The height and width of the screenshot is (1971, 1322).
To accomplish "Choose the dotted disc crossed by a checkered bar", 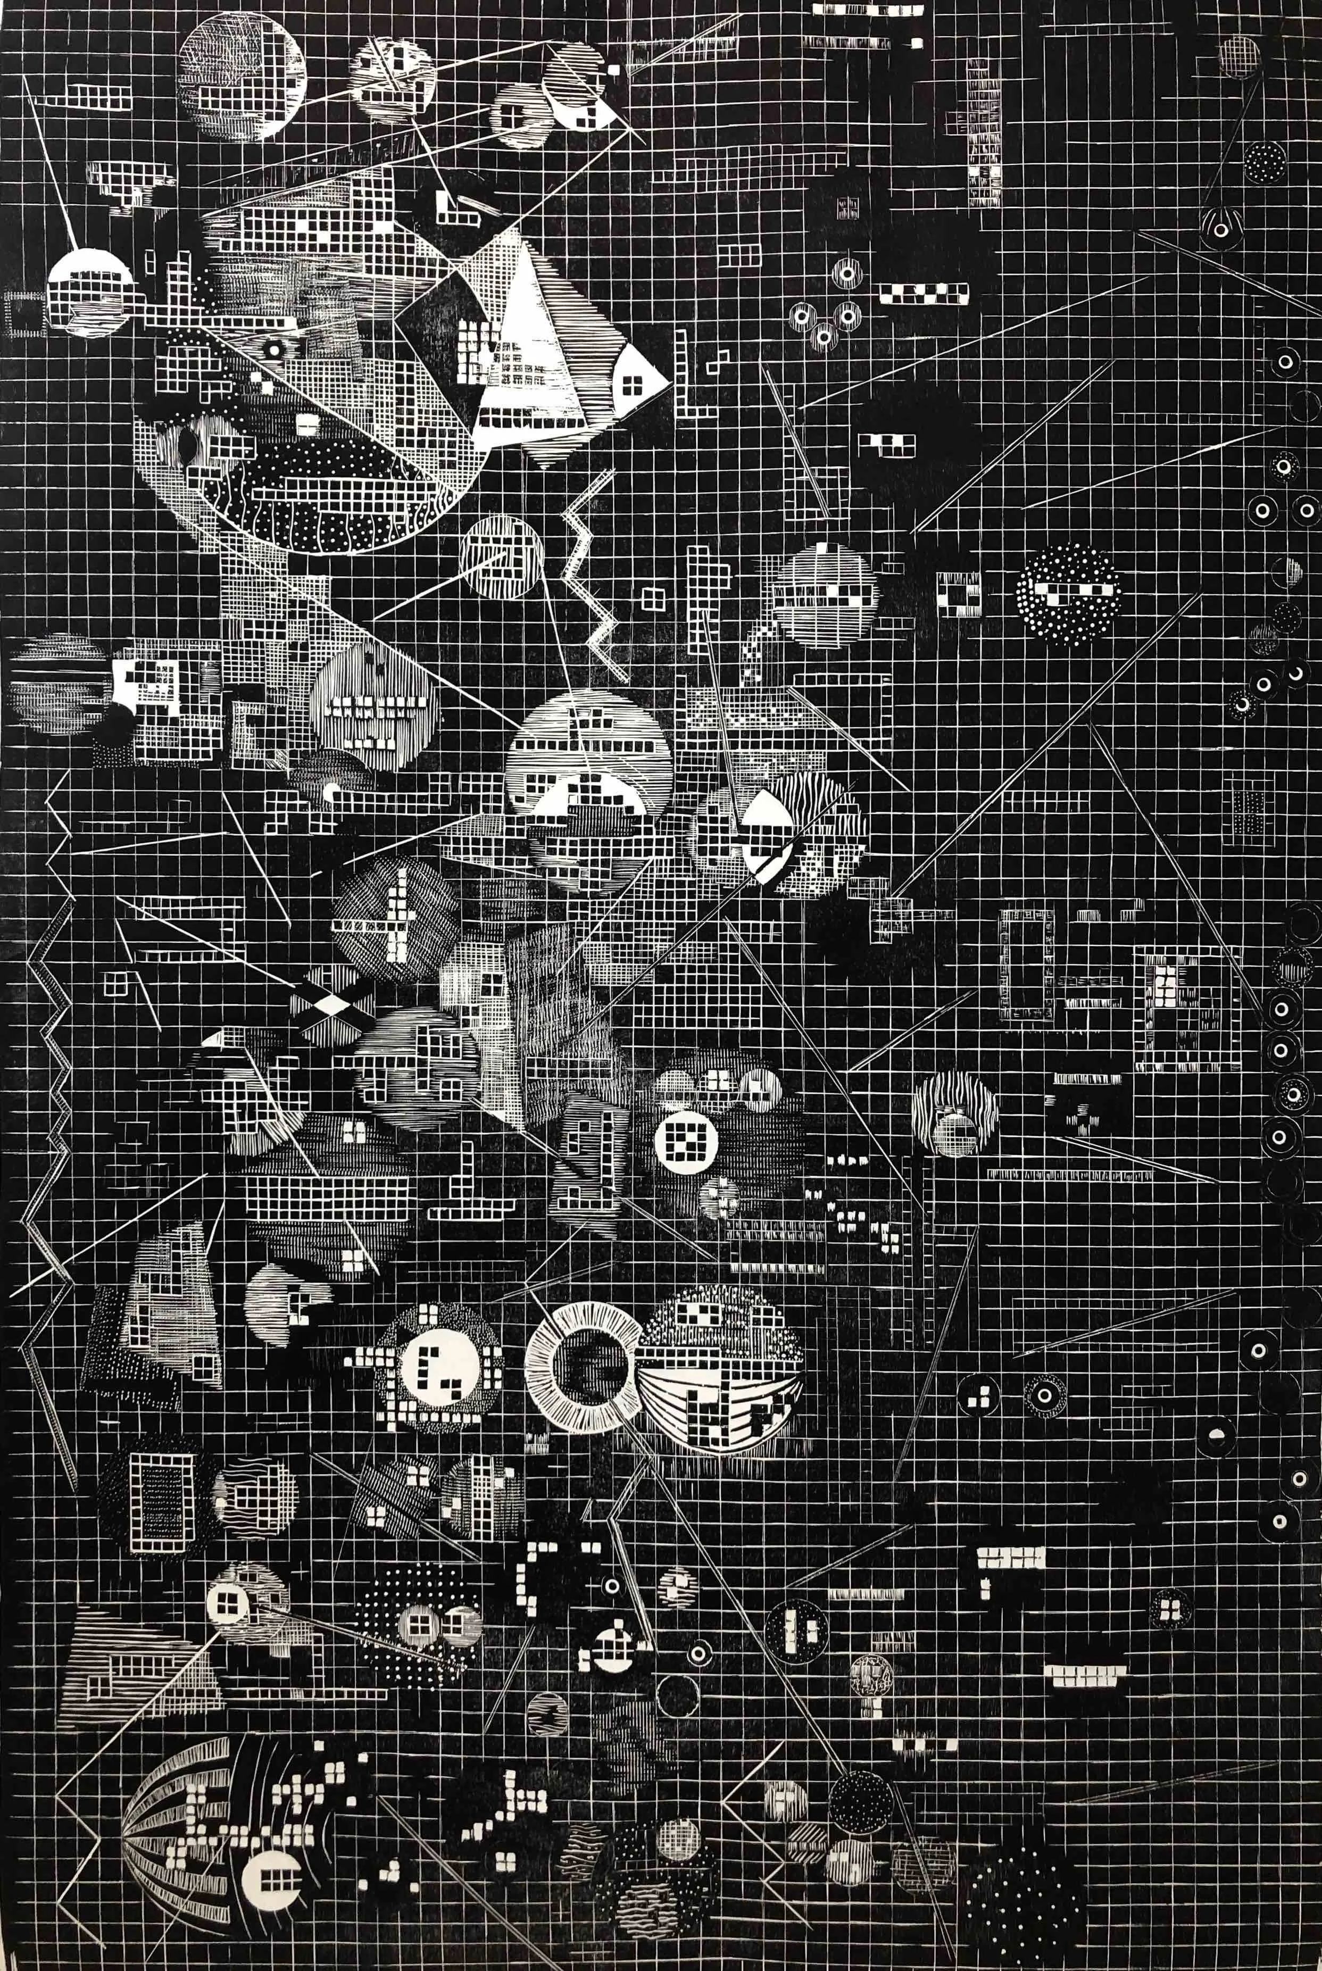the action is click(x=1068, y=594).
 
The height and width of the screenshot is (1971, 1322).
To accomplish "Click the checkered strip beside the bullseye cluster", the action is click(x=923, y=293).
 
